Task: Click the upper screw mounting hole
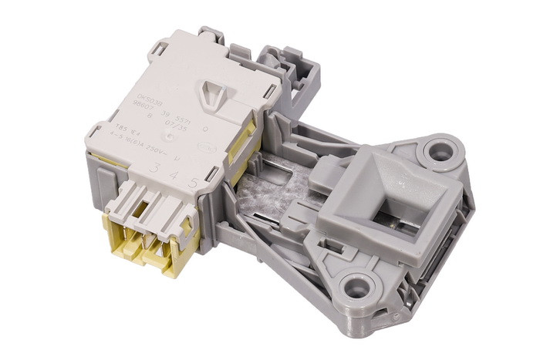pyautogui.click(x=438, y=150)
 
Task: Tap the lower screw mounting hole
pyautogui.click(x=356, y=289)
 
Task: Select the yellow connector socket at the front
pyautogui.click(x=147, y=243)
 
